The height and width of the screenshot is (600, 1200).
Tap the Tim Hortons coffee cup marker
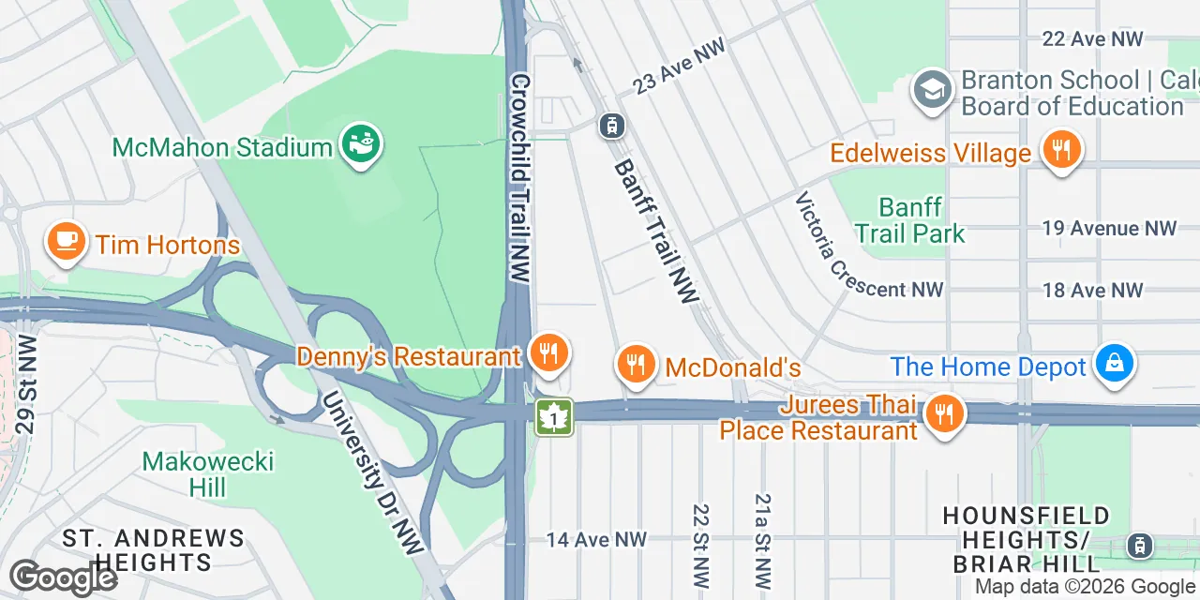66,242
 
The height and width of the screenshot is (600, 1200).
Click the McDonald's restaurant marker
637,365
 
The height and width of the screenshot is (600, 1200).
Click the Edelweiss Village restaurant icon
1061,150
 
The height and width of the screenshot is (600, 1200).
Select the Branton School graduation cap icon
933,91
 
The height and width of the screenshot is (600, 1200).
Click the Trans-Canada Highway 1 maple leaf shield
554,417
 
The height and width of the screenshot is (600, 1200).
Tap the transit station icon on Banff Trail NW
611,124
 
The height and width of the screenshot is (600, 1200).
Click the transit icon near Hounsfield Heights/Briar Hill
1139,544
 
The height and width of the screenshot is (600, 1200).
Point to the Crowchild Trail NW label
520,178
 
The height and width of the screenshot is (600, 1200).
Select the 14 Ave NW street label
596,539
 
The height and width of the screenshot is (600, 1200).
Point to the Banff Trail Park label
909,219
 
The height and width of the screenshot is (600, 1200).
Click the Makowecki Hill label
207,473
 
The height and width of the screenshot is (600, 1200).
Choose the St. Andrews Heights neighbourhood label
153,549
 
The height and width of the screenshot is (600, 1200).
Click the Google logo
64,577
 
